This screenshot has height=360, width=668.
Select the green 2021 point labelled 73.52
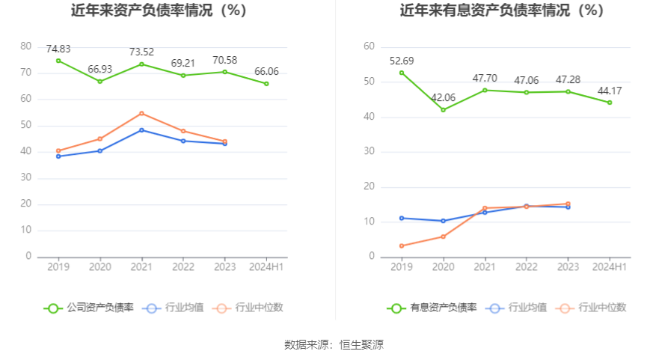click(x=141, y=64)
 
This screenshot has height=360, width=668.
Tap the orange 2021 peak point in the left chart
click(x=141, y=113)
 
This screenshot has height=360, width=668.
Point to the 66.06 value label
click(x=266, y=72)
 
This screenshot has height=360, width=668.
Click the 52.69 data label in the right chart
click(x=402, y=61)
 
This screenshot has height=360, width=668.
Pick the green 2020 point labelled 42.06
click(x=443, y=110)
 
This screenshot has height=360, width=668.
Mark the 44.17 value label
click(x=609, y=91)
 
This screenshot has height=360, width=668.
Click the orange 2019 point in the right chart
click(x=402, y=245)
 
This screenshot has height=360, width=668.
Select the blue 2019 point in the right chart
click(x=402, y=218)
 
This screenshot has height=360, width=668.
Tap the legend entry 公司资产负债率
click(x=88, y=308)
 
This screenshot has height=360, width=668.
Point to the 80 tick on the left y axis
click(x=26, y=46)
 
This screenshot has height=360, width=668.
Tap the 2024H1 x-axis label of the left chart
click(x=266, y=267)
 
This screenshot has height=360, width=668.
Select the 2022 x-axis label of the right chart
click(x=526, y=267)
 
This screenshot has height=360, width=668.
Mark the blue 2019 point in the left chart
click(x=58, y=156)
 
